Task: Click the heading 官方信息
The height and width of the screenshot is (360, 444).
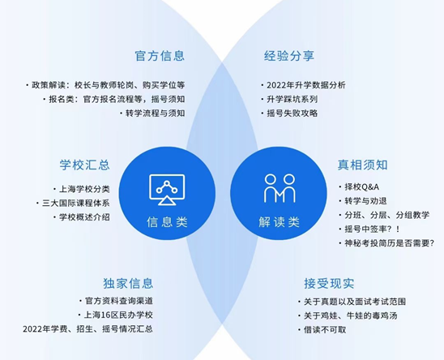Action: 160,56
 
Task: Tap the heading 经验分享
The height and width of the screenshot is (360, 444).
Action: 289,56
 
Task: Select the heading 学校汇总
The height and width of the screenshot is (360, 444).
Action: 84,165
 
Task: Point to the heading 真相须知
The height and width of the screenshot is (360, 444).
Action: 362,165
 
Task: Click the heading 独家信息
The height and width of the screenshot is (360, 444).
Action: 128,283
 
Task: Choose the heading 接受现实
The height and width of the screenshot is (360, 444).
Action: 329,283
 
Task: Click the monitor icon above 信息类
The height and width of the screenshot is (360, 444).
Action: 167,190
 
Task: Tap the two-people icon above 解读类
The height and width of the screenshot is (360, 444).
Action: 280,188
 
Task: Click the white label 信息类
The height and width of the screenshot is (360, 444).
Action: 167,222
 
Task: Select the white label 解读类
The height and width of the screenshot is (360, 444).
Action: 280,222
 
